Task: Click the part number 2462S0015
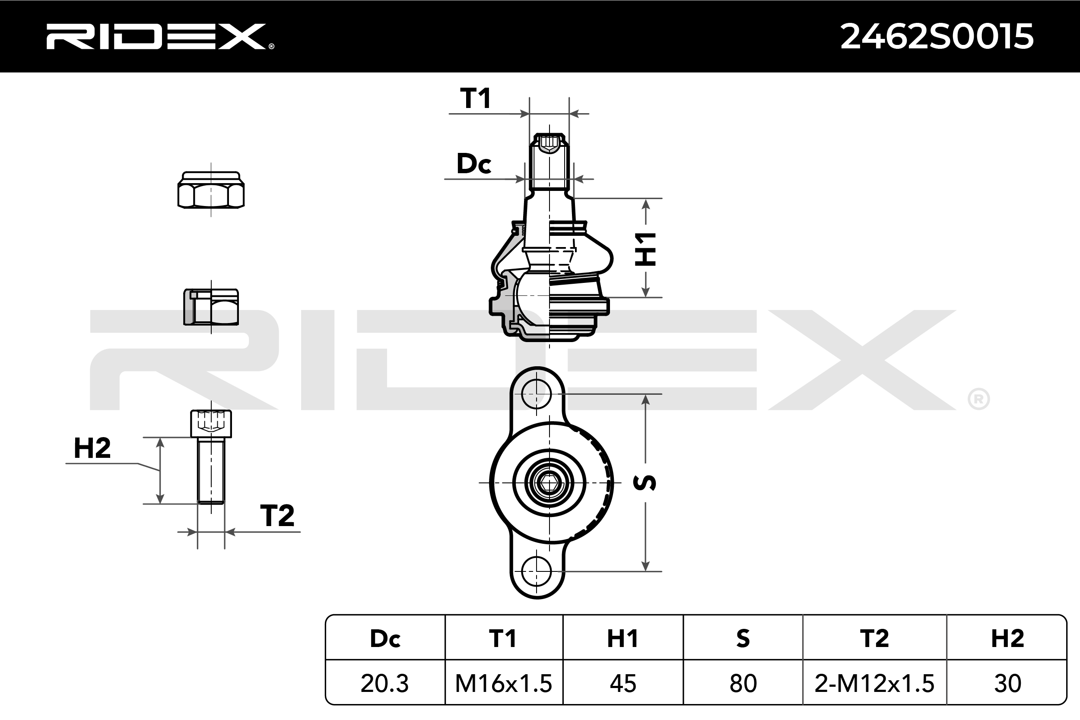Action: [937, 37]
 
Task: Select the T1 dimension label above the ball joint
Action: [475, 98]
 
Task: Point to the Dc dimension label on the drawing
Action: [474, 163]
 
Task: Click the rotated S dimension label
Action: [645, 482]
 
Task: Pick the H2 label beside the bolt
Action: [92, 448]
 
